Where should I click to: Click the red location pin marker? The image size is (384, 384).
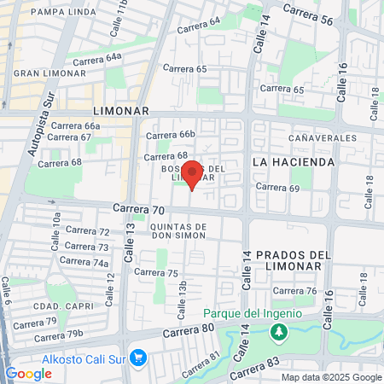pyautogui.click(x=192, y=174)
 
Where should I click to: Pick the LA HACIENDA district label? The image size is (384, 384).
pyautogui.click(x=290, y=160)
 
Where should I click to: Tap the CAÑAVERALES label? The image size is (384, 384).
pyautogui.click(x=322, y=137)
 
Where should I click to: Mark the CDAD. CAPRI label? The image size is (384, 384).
pyautogui.click(x=57, y=305)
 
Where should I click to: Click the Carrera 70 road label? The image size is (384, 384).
pyautogui.click(x=138, y=208)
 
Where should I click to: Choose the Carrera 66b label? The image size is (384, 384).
pyautogui.click(x=170, y=134)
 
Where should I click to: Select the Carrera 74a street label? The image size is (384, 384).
pyautogui.click(x=84, y=262)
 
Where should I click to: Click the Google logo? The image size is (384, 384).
pyautogui.click(x=28, y=374)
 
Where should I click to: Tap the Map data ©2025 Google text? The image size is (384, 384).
pyautogui.click(x=332, y=377)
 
